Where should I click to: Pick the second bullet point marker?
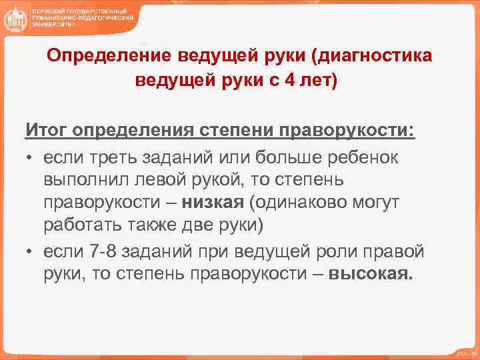30,252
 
